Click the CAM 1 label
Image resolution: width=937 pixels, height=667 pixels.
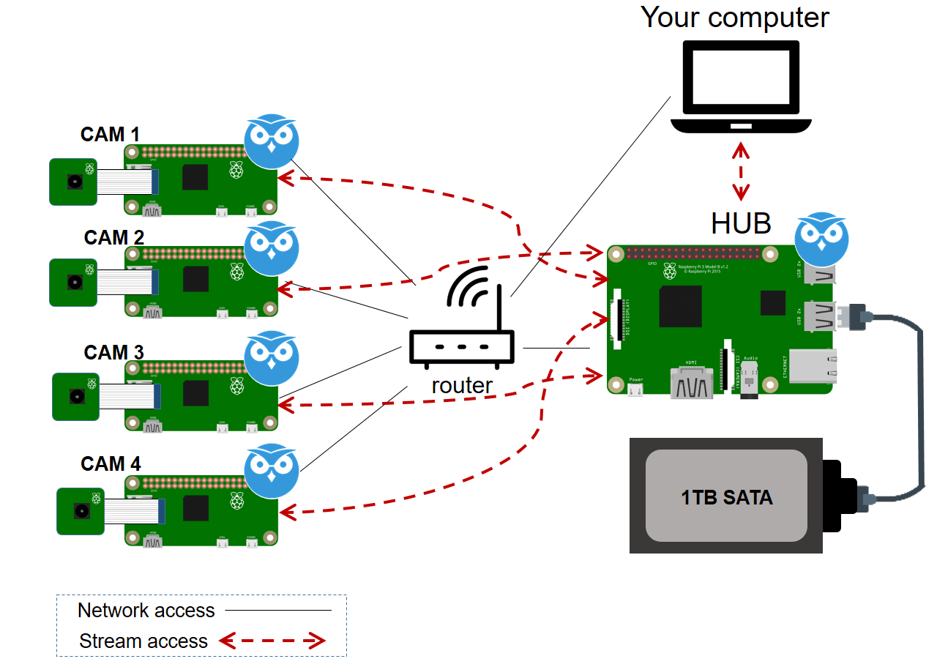click(x=110, y=135)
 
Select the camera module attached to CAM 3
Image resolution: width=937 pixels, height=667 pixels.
click(x=75, y=396)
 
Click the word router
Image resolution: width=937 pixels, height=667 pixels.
click(x=462, y=385)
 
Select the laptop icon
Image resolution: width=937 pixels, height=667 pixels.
click(x=742, y=88)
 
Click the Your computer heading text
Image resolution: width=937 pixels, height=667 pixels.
click(x=735, y=18)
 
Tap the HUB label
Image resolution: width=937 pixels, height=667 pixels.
click(x=741, y=223)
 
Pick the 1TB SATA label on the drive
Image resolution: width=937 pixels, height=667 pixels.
click(x=727, y=498)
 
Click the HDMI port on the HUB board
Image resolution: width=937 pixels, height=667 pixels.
click(x=692, y=381)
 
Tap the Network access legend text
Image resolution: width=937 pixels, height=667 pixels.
click(x=146, y=611)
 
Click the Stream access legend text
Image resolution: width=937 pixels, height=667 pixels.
click(x=143, y=641)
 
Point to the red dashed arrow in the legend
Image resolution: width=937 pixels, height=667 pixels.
click(x=272, y=641)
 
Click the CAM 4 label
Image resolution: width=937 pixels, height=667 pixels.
click(x=111, y=464)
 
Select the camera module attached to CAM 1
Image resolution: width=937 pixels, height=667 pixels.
click(x=73, y=181)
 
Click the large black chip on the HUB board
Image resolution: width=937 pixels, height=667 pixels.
click(x=680, y=306)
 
